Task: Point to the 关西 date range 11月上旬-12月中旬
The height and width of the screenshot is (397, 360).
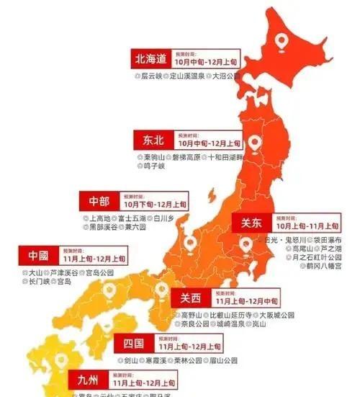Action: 243,300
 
